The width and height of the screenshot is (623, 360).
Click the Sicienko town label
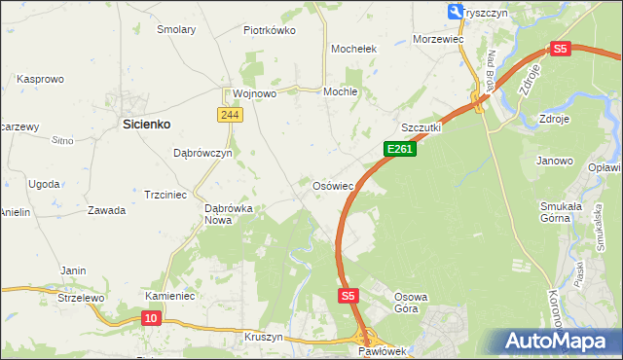146,124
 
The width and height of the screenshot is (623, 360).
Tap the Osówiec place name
338,185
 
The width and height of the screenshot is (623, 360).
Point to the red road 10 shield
151,317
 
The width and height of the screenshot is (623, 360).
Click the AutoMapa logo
559,342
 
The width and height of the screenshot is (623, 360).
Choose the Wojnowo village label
255,93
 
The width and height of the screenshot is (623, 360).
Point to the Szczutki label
421,127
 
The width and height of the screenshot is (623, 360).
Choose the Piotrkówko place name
269,30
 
